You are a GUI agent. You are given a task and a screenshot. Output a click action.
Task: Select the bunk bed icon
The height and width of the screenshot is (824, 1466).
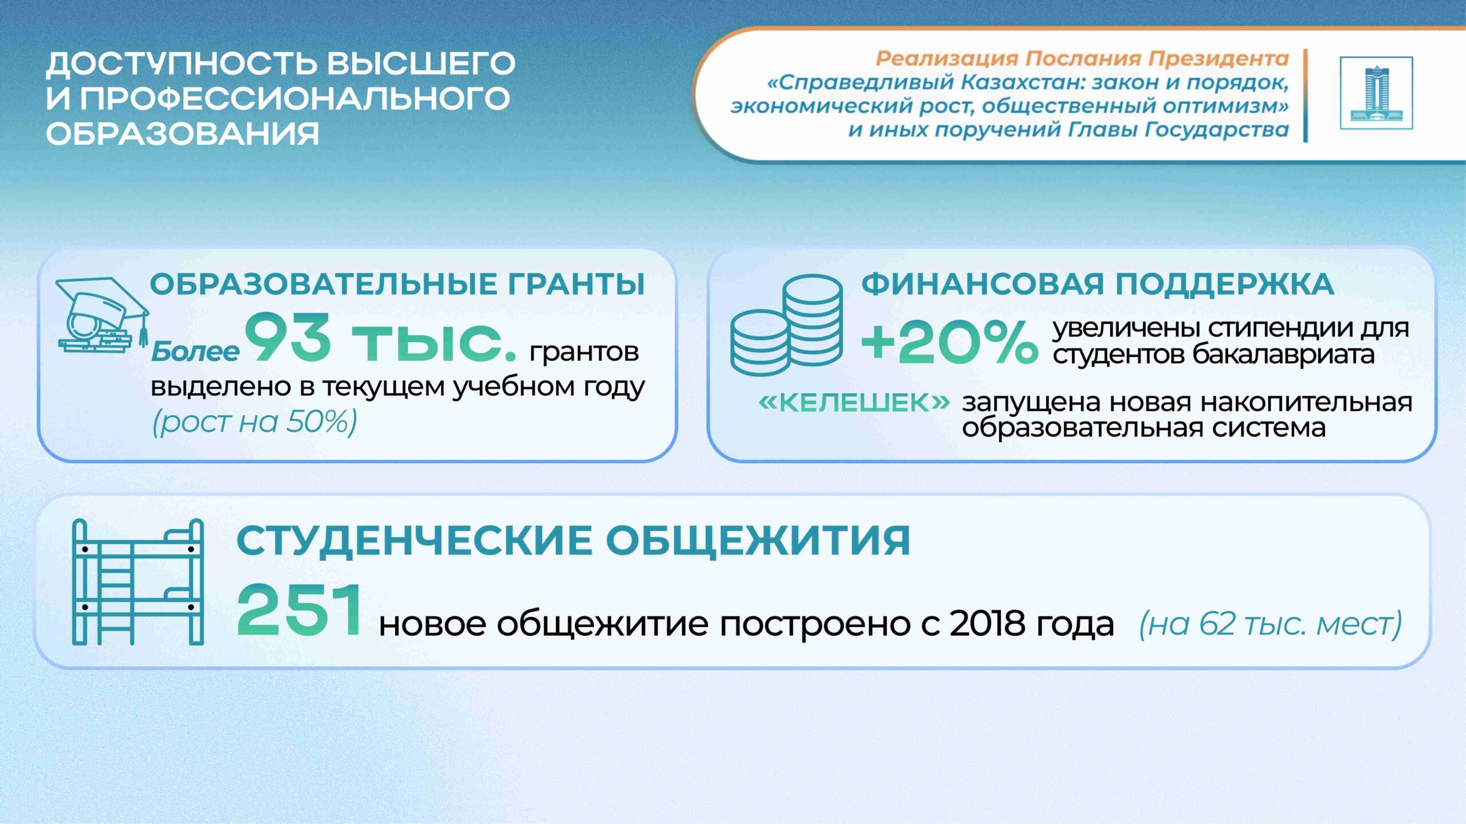pyautogui.click(x=137, y=582)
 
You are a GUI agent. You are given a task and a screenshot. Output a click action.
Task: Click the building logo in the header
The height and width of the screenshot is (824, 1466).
pyautogui.click(x=1376, y=93)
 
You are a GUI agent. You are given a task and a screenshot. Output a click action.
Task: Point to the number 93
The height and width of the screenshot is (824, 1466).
pyautogui.click(x=288, y=338)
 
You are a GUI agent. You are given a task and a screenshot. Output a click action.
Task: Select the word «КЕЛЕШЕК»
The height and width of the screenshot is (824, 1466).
pyautogui.click(x=854, y=403)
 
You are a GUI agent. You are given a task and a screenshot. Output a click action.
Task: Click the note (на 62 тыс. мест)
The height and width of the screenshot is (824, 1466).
pyautogui.click(x=1271, y=624)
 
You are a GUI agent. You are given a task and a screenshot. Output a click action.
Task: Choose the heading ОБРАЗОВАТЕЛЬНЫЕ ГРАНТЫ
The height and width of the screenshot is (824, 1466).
pyautogui.click(x=397, y=284)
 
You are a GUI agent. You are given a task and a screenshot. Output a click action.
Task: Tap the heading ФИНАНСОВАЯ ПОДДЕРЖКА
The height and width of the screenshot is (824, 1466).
pyautogui.click(x=1097, y=284)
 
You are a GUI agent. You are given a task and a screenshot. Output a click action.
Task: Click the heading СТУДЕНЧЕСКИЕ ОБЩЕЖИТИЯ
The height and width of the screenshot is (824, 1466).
pyautogui.click(x=573, y=541)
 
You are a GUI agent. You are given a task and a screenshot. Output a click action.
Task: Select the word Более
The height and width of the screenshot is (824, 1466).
pyautogui.click(x=195, y=351)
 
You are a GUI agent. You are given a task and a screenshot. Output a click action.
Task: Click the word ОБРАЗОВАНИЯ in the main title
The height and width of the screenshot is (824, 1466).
pyautogui.click(x=182, y=134)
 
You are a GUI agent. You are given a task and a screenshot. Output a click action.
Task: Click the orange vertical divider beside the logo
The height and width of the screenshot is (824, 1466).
pyautogui.click(x=1306, y=96)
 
